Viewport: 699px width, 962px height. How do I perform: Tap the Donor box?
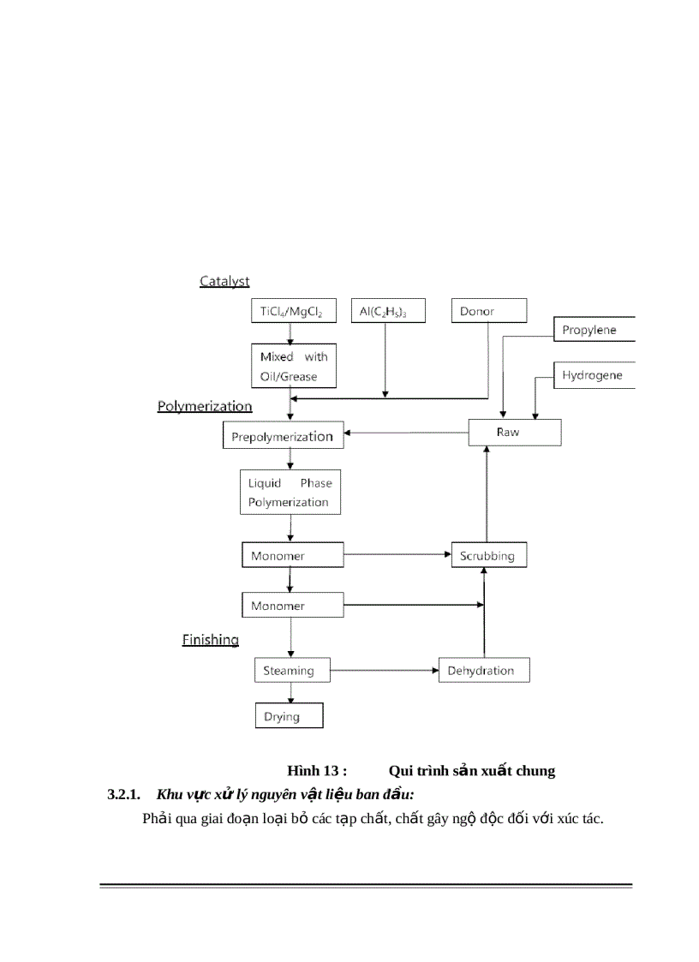488,311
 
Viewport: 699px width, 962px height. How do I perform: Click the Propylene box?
594,329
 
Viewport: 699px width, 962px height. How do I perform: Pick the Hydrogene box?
594,376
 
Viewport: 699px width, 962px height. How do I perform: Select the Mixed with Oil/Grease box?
294,367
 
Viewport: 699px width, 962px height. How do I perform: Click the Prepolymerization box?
283,436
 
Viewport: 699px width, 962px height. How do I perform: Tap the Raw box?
514,433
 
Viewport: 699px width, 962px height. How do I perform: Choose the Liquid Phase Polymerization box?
290,493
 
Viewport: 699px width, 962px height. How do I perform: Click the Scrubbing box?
488,555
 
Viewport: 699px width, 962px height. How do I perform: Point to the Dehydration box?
483,670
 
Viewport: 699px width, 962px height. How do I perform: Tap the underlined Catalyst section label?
224,281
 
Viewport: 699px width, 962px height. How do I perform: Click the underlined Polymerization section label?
205,406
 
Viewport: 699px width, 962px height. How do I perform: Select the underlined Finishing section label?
211,639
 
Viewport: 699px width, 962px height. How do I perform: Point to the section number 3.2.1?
123,794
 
